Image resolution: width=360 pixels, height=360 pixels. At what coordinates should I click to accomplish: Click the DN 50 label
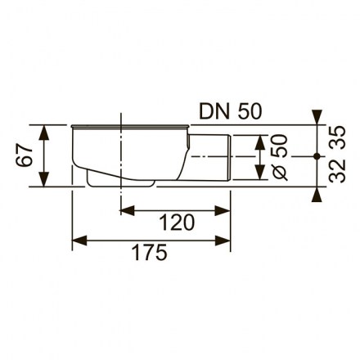pyautogui.click(x=231, y=111)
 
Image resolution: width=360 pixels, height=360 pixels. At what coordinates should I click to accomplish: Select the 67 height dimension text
pyautogui.click(x=24, y=155)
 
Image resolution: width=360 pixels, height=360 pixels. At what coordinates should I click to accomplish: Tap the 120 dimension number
pyautogui.click(x=177, y=223)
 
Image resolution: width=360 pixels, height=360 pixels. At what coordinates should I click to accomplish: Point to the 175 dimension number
pyautogui.click(x=149, y=252)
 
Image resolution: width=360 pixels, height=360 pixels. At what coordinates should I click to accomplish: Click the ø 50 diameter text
pyautogui.click(x=280, y=157)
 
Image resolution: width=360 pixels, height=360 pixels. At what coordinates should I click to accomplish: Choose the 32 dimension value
pyautogui.click(x=338, y=171)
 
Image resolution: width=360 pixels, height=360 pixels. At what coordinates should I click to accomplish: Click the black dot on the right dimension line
pyautogui.click(x=317, y=156)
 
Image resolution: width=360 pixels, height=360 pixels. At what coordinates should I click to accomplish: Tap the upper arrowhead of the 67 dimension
pyautogui.click(x=44, y=133)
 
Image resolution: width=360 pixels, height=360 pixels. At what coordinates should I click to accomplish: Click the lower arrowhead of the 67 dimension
pyautogui.click(x=44, y=179)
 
